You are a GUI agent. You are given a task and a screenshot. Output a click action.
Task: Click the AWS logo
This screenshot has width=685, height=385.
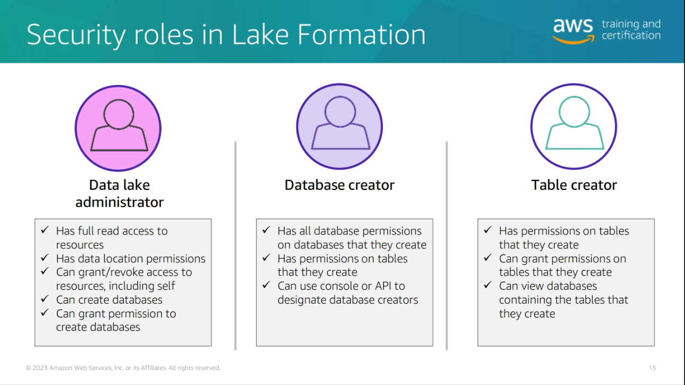tap(573, 31)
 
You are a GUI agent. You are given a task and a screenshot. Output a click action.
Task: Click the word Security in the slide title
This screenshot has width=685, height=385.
tap(76, 35)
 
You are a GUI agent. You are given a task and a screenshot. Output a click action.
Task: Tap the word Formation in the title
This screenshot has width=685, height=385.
tap(361, 35)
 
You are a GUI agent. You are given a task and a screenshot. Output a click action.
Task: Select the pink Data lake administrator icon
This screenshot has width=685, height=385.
tap(118, 128)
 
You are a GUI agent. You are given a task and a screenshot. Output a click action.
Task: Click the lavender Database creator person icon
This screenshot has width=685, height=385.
tap(339, 126)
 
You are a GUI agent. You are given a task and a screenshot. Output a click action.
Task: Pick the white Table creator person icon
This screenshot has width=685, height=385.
tap(573, 126)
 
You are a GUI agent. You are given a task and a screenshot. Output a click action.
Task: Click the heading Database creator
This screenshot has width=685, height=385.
tap(339, 185)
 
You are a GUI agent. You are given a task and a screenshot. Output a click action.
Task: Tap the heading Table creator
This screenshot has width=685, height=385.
tap(574, 185)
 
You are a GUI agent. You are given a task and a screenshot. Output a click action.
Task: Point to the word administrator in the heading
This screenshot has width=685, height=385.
tap(119, 202)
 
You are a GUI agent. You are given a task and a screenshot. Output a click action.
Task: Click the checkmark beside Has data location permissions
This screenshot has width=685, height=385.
tap(45, 257)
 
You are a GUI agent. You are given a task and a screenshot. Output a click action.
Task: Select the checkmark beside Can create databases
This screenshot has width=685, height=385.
tap(45, 298)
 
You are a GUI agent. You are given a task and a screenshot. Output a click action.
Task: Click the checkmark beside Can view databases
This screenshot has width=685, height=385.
tap(488, 285)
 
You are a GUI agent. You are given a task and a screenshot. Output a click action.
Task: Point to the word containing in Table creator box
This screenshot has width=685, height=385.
tap(525, 300)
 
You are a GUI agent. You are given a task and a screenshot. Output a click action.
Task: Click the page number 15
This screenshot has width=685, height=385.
tap(652, 367)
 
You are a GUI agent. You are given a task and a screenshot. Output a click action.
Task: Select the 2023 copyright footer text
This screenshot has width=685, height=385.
tap(123, 367)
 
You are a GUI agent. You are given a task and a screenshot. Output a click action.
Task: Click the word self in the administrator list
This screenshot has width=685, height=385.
tap(166, 286)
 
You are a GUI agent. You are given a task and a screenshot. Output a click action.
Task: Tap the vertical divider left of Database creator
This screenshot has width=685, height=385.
tap(235, 246)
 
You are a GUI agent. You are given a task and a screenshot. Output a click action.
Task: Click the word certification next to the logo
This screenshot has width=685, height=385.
tap(631, 36)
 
